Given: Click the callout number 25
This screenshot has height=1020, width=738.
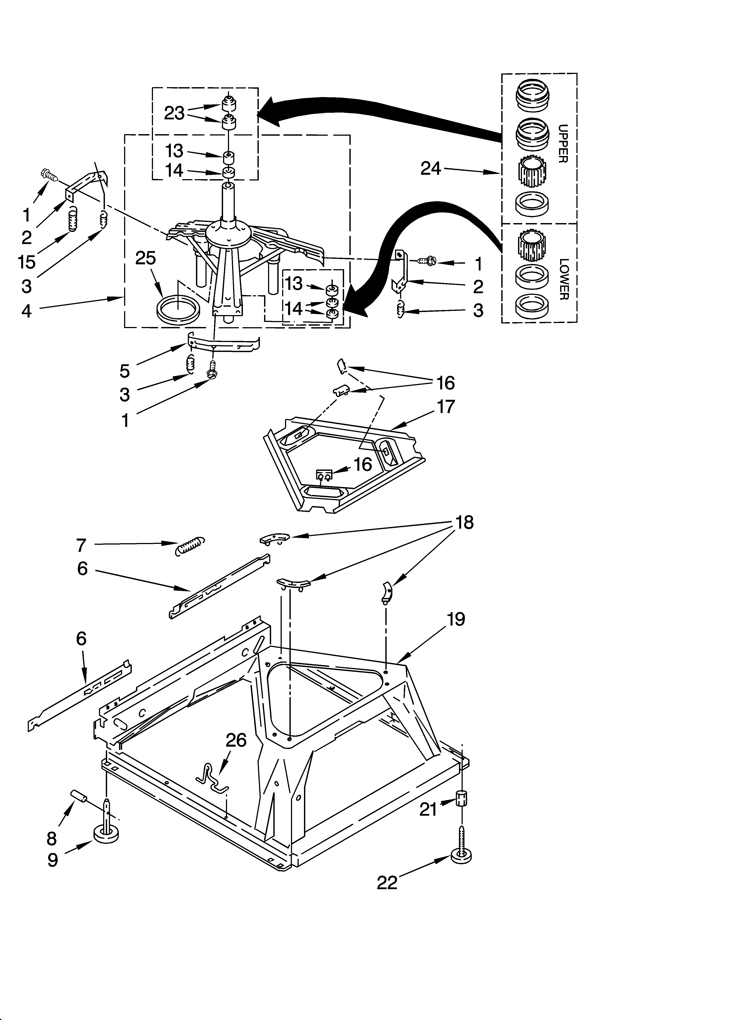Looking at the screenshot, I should (146, 258).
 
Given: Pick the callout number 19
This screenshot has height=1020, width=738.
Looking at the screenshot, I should (456, 619).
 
